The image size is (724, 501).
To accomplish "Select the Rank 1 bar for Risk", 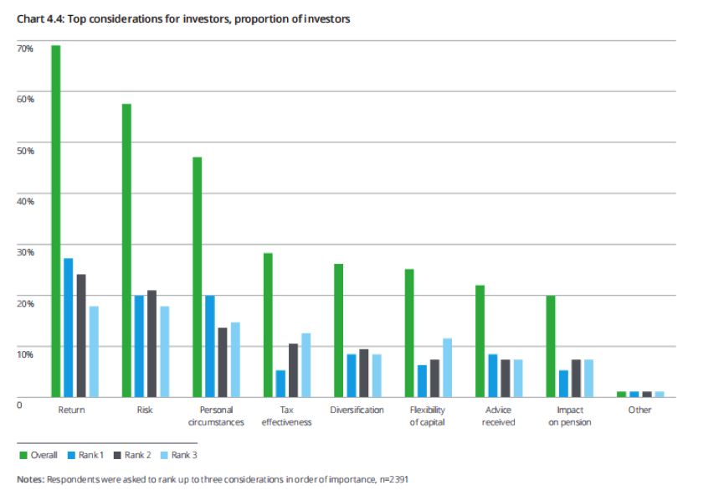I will pyautogui.click(x=139, y=346).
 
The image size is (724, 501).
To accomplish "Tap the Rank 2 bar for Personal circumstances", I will pyautogui.click(x=223, y=362).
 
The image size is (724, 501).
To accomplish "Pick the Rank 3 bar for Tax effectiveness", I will pyautogui.click(x=306, y=365).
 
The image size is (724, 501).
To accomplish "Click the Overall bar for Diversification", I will pyautogui.click(x=339, y=330).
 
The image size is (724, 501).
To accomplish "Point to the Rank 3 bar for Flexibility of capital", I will pyautogui.click(x=448, y=368).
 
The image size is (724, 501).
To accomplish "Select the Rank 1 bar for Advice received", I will pyautogui.click(x=493, y=375).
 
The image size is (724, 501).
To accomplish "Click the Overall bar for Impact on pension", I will pyautogui.click(x=551, y=346).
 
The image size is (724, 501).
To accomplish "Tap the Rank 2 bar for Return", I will pyautogui.click(x=81, y=335).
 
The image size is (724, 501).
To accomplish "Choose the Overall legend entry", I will pyautogui.click(x=39, y=455).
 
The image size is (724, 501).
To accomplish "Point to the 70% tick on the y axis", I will pyautogui.click(x=25, y=49).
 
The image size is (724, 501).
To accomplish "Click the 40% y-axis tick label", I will pyautogui.click(x=25, y=201).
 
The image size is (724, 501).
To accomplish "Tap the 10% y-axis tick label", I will pyautogui.click(x=25, y=354).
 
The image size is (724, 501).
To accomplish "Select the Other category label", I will pyautogui.click(x=639, y=410).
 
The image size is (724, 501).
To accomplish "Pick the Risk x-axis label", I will pyautogui.click(x=144, y=410).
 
